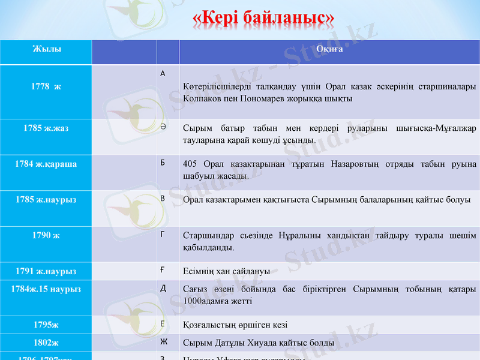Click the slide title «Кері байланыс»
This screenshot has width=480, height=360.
click(x=263, y=19)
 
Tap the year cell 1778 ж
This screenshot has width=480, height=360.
click(x=46, y=86)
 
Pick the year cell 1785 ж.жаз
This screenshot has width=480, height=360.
click(x=46, y=128)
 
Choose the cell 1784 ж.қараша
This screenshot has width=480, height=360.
click(x=46, y=164)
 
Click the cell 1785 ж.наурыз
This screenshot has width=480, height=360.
click(x=46, y=199)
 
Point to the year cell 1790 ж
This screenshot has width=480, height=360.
click(x=46, y=235)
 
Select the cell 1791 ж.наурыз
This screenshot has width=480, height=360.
click(x=46, y=271)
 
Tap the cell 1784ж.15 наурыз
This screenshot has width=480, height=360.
click(x=46, y=289)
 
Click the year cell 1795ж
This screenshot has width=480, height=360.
click(x=46, y=325)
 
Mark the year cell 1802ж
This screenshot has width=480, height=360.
click(x=46, y=343)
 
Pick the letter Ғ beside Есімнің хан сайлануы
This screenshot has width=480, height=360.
click(x=163, y=271)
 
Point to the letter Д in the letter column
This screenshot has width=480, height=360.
click(x=163, y=289)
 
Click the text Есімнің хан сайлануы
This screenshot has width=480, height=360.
click(x=226, y=271)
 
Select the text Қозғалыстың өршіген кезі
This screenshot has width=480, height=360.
click(x=235, y=325)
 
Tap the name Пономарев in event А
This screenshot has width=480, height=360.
click(x=255, y=98)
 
